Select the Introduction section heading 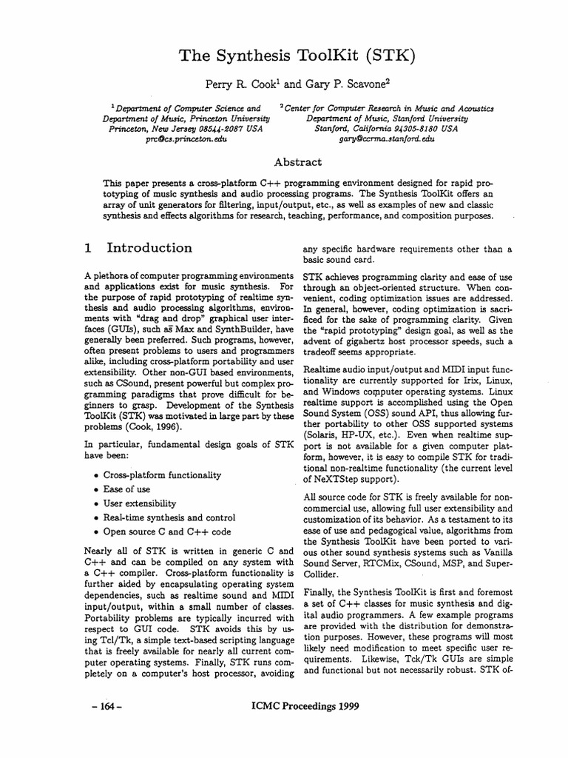(x=149, y=248)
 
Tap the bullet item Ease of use (x=126, y=489)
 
